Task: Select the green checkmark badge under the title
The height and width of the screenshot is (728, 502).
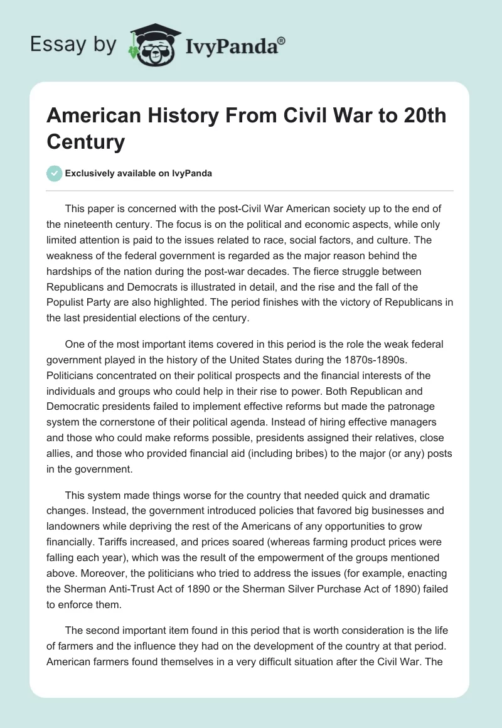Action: tap(55, 173)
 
